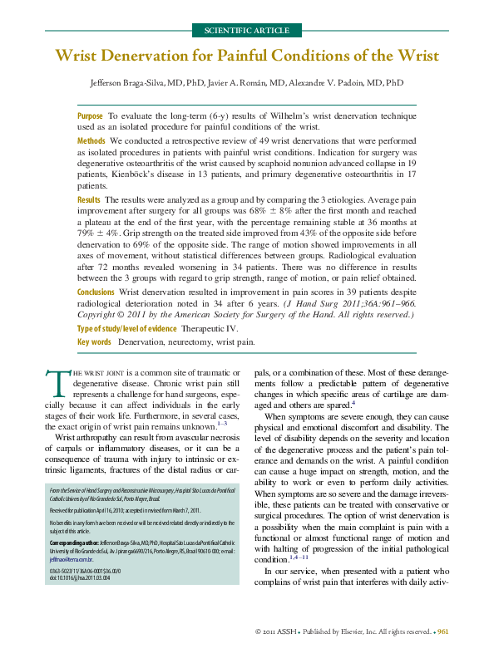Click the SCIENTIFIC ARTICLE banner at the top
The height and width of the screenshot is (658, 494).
[247, 31]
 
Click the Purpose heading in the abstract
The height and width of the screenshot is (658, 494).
[90, 117]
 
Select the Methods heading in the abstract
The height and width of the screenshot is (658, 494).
[91, 141]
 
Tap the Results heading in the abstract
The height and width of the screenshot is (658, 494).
[89, 200]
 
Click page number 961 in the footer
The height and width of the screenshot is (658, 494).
[443, 632]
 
